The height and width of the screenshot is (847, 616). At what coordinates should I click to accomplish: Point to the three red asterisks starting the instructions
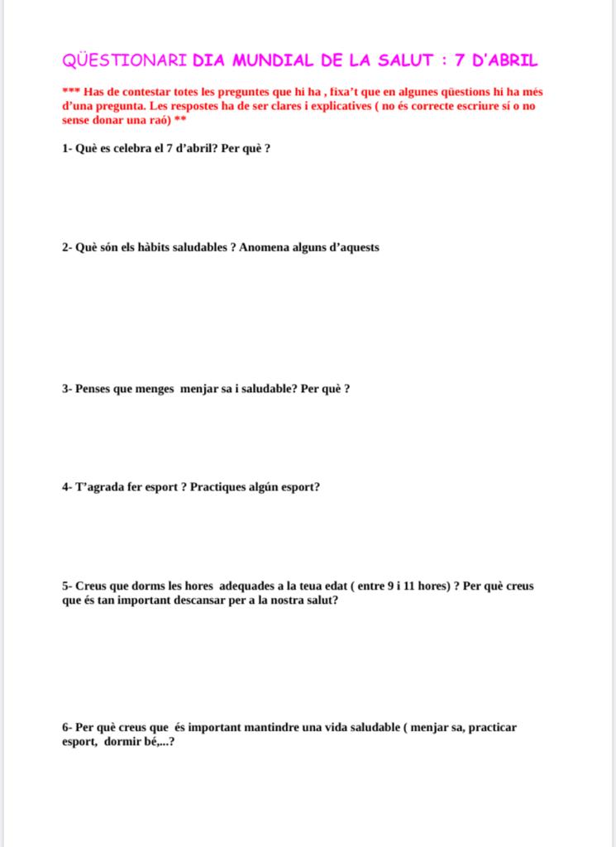[70, 92]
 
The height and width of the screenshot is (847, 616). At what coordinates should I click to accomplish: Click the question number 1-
[67, 154]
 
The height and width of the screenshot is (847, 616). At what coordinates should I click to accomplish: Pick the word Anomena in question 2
[265, 247]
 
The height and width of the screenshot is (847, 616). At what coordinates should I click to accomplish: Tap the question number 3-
[67, 388]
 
